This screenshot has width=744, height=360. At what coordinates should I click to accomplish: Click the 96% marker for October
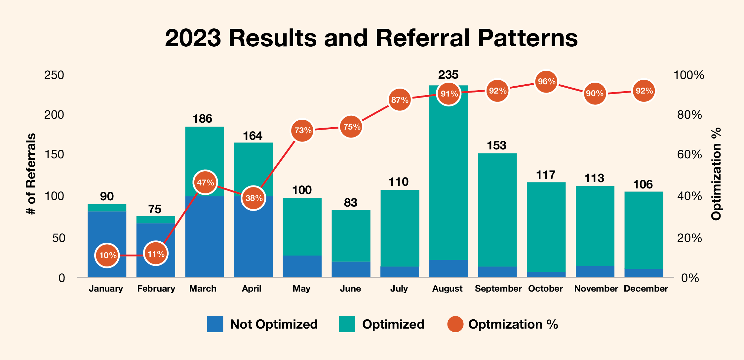(x=546, y=82)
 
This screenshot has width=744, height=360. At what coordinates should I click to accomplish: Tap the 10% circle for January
(x=107, y=255)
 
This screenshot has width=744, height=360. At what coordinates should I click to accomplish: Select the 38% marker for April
(x=254, y=198)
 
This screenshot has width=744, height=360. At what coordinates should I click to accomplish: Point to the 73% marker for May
(x=302, y=130)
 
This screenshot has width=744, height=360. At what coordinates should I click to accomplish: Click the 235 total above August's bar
(x=448, y=75)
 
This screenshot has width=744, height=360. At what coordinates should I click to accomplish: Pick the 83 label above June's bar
(x=350, y=203)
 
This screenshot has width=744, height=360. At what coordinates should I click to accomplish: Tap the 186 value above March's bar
(x=202, y=119)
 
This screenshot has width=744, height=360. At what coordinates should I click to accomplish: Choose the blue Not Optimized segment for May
(x=302, y=266)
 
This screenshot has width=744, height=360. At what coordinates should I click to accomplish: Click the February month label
(x=156, y=289)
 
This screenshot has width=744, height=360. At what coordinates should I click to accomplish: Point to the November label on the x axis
(x=596, y=289)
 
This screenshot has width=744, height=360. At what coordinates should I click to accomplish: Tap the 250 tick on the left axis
(x=54, y=75)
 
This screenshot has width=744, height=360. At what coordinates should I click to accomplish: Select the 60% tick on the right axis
(x=689, y=154)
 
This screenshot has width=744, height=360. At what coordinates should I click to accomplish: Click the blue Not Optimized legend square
(x=215, y=324)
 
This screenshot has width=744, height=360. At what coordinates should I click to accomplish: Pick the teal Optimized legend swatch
(x=347, y=324)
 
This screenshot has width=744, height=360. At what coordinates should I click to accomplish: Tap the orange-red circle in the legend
(x=455, y=324)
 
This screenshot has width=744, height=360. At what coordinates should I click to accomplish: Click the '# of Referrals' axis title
(x=31, y=174)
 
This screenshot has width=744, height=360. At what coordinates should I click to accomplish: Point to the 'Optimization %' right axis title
(x=716, y=174)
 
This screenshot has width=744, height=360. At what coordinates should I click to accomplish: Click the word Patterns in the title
(x=528, y=38)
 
